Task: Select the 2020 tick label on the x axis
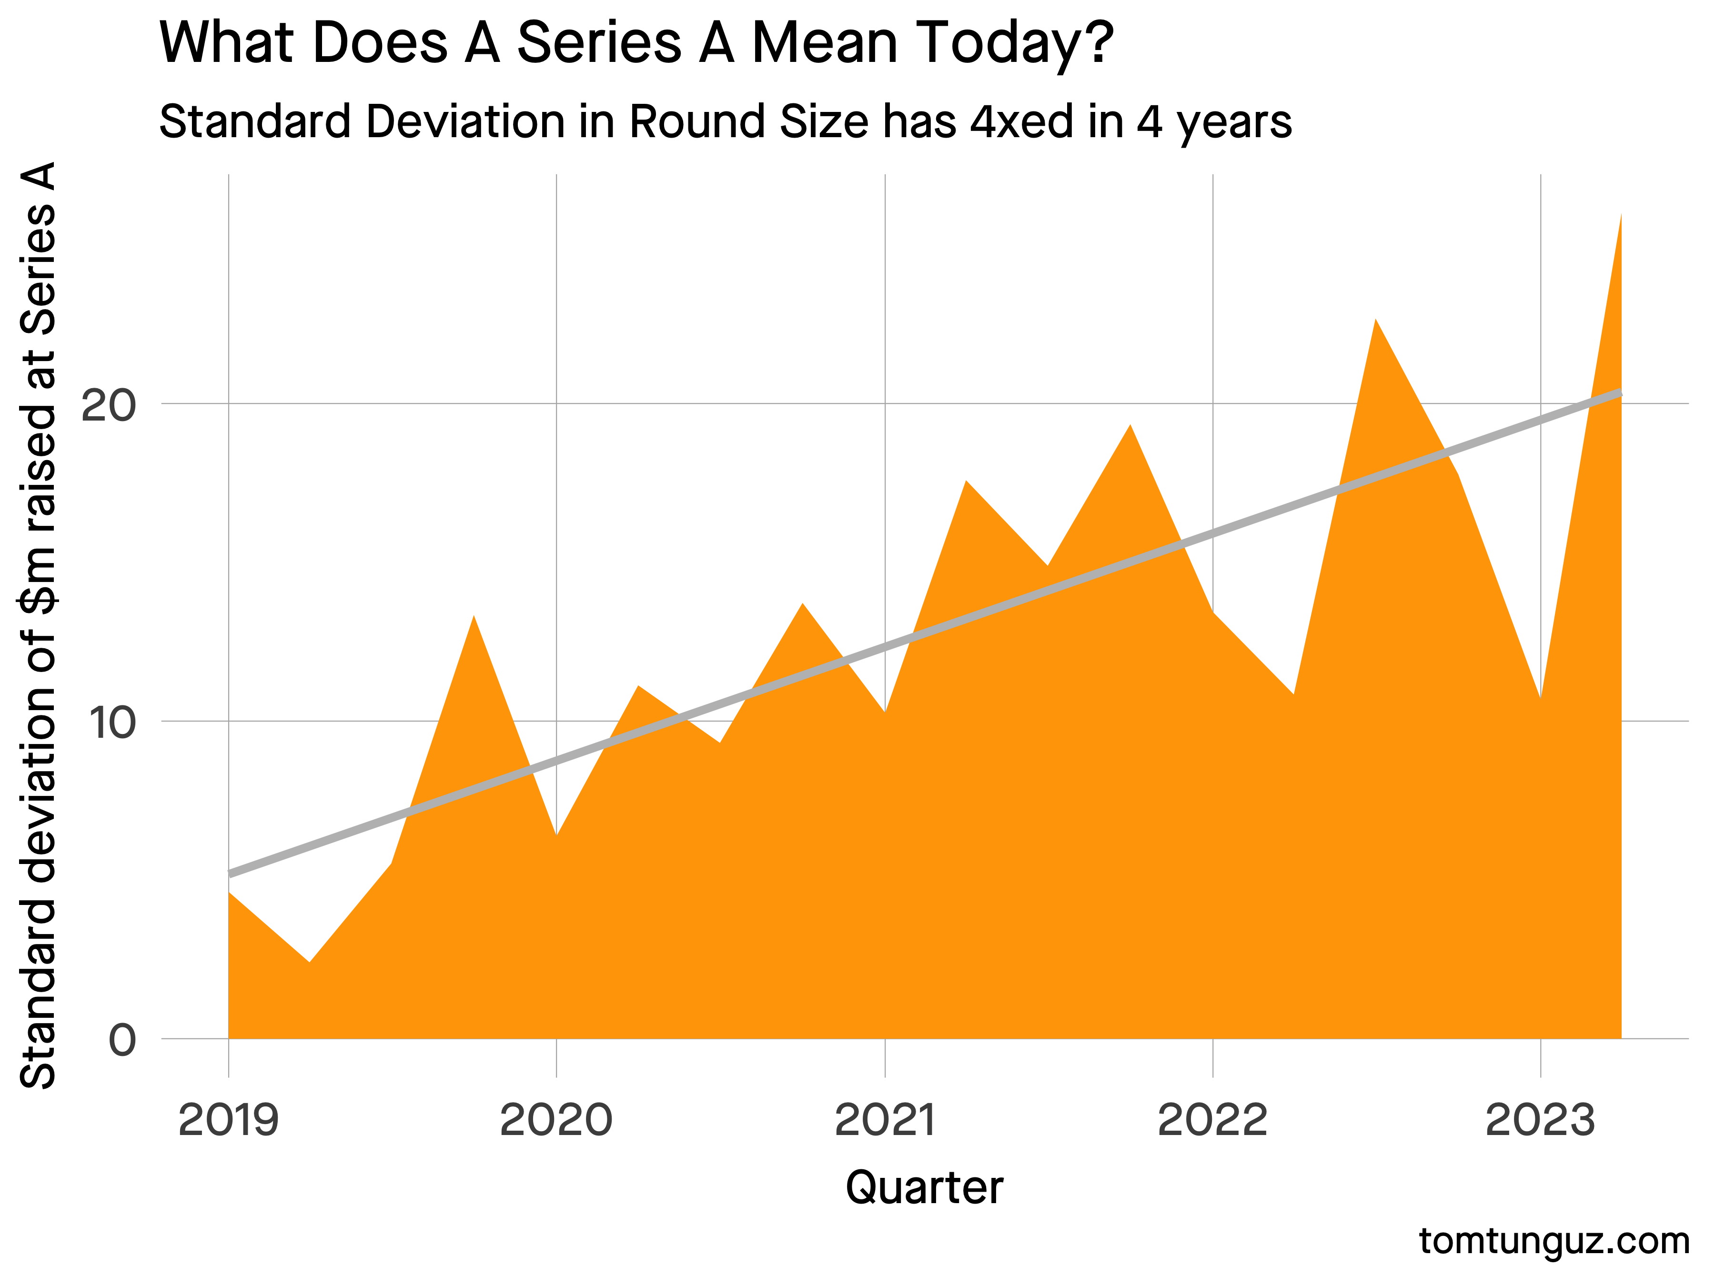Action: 556,1121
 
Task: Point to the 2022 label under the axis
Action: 1212,1121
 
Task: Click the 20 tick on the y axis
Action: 109,405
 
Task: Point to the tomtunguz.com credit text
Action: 1554,1241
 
